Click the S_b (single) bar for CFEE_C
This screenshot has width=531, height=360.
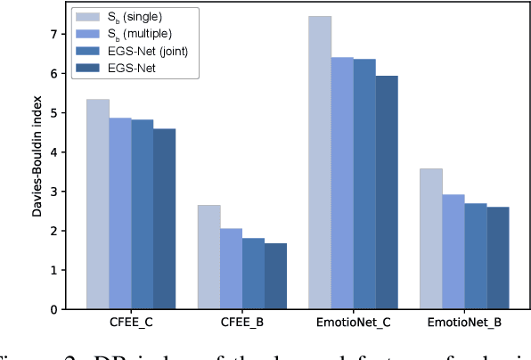tap(97, 204)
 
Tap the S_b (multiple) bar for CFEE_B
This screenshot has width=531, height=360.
tap(231, 268)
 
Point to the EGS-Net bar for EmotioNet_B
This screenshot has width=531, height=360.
tap(498, 258)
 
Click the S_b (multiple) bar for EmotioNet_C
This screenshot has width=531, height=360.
tap(342, 183)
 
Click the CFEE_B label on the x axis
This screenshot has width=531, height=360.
tap(242, 323)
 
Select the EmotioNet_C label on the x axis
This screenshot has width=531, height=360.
tap(354, 323)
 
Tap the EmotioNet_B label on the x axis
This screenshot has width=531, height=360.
tap(465, 323)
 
